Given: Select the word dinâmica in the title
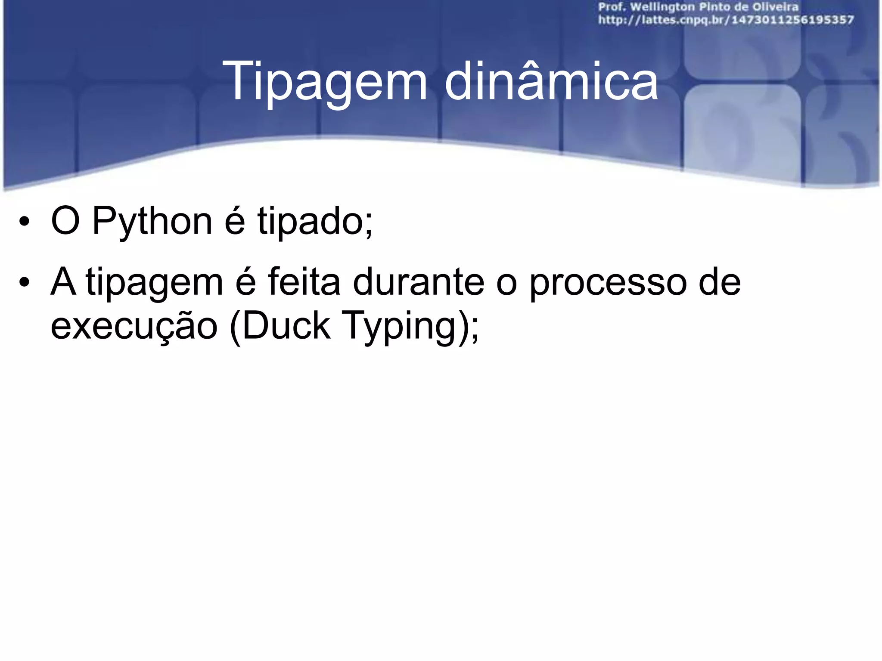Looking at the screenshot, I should pyautogui.click(x=551, y=80).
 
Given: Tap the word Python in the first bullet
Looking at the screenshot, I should pyautogui.click(x=152, y=222).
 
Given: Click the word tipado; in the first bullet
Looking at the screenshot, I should pyautogui.click(x=315, y=222).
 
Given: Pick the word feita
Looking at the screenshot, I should pyautogui.click(x=304, y=282).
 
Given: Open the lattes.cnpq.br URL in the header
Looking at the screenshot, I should pyautogui.click(x=726, y=20).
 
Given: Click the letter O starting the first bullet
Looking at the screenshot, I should pyautogui.click(x=65, y=222).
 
